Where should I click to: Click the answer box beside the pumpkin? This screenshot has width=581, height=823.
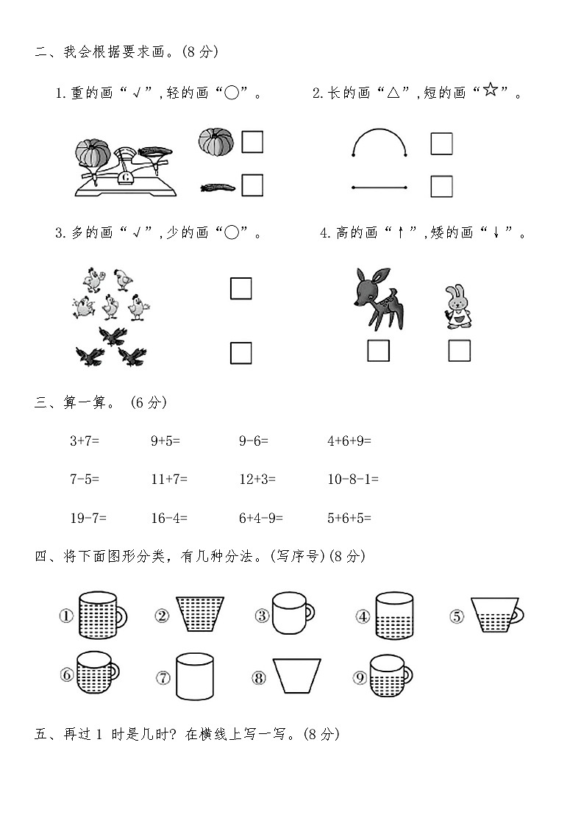[252, 141]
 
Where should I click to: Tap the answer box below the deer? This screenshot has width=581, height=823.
[378, 351]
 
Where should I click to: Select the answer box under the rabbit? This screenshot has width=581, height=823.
[459, 351]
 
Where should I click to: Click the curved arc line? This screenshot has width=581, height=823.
[379, 132]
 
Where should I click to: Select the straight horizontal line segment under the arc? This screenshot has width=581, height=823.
[379, 188]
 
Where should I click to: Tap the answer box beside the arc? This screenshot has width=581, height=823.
[441, 143]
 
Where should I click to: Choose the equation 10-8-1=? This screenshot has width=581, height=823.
[353, 480]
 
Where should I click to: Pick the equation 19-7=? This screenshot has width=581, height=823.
[88, 518]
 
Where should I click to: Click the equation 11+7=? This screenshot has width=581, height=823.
[169, 480]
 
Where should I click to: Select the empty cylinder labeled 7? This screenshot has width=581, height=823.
[194, 677]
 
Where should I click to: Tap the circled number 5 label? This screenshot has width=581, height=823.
[457, 616]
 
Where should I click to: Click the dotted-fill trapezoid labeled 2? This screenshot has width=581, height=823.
[200, 613]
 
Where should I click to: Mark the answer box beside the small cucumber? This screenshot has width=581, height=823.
[252, 185]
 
